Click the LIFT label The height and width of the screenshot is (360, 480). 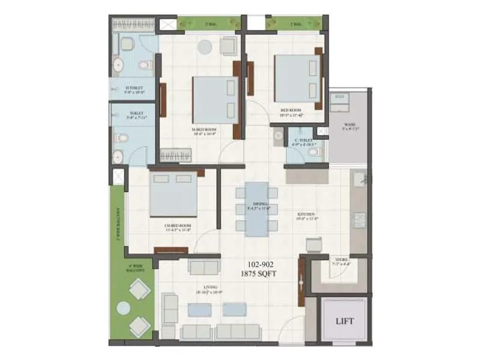[345, 321]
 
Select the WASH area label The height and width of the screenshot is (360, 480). [350, 126]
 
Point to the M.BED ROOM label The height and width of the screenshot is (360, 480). [205, 131]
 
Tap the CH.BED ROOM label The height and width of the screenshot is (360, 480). [178, 227]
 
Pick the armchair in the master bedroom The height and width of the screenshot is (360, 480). [229, 46]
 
